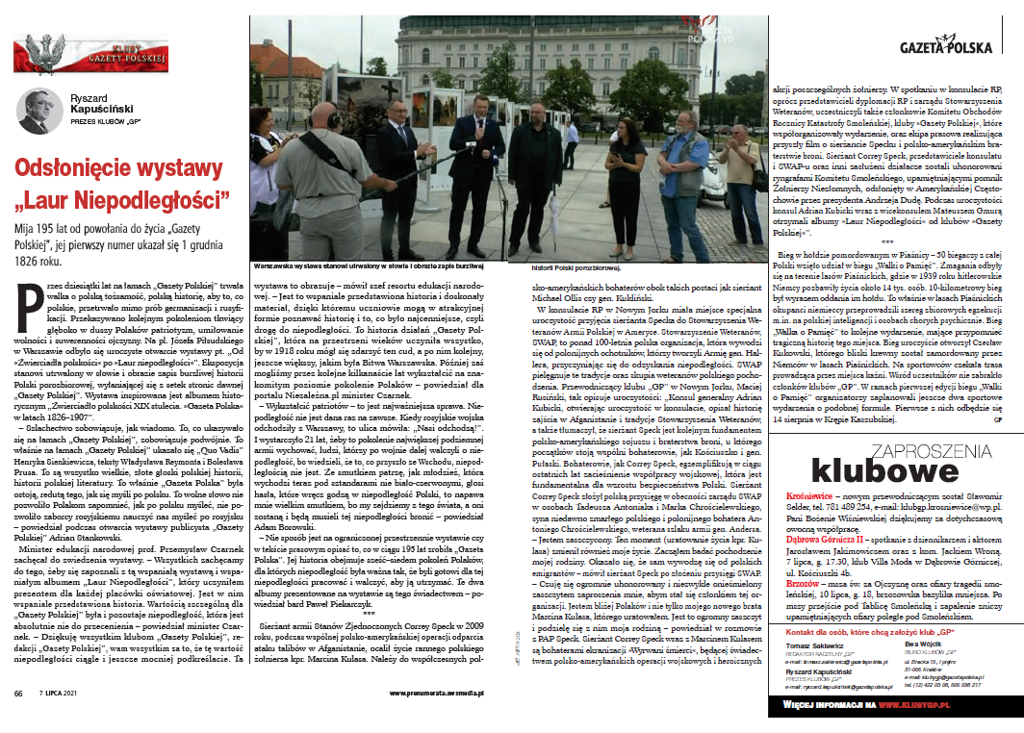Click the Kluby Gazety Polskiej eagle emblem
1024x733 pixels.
pyautogui.click(x=43, y=52)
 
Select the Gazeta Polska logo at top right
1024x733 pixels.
pyautogui.click(x=953, y=47)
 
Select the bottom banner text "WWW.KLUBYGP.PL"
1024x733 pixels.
pyautogui.click(x=946, y=705)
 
